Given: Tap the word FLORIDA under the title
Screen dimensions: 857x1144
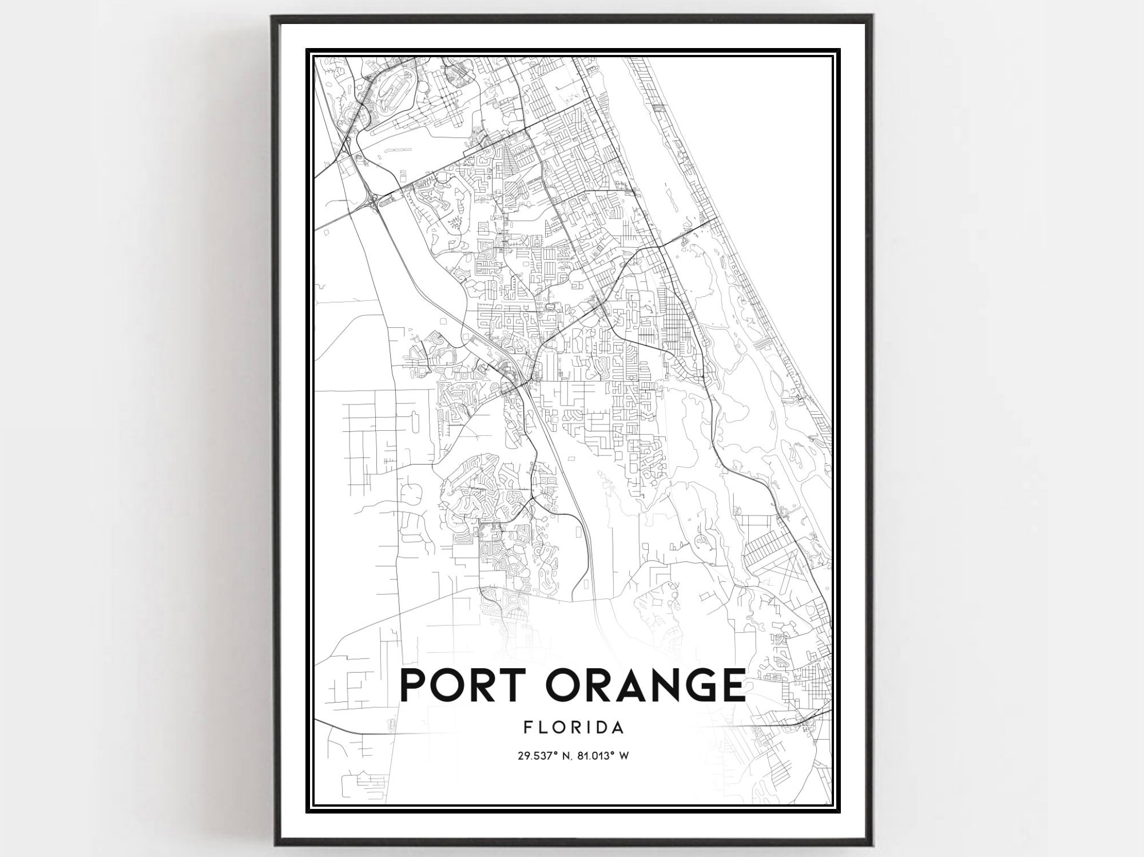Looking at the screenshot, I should (573, 727).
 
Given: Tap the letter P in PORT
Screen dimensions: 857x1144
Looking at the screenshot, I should (414, 685).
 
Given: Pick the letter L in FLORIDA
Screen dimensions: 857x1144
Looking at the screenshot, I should (542, 727).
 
